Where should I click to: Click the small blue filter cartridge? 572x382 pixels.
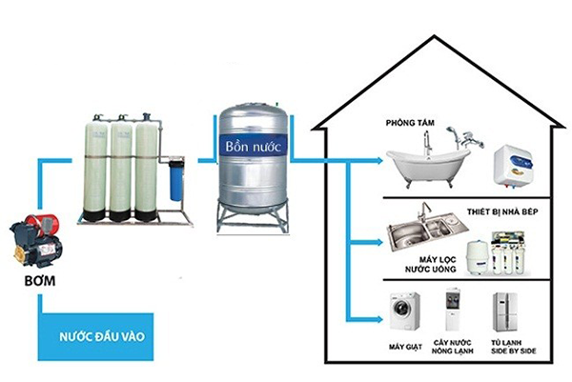click(x=176, y=173)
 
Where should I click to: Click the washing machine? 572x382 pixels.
click(x=404, y=311)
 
